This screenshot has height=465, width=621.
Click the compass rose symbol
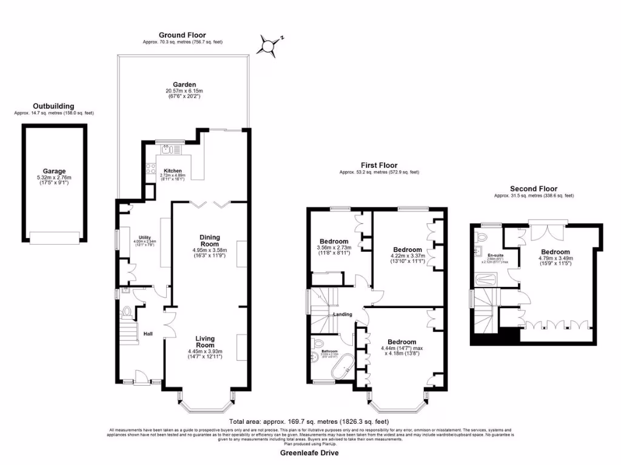pos(268,45)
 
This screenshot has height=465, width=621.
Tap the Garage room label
pos(54,171)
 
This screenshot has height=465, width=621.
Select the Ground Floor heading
pos(182,35)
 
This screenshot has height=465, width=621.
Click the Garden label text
pos(184,85)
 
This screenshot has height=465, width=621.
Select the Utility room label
pos(144,238)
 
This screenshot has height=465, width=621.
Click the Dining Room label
pos(209,240)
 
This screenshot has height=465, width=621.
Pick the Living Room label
pos(205,341)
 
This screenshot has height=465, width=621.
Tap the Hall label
pos(148,334)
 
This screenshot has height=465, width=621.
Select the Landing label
pos(342,314)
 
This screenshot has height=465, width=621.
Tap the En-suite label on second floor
pos(488,256)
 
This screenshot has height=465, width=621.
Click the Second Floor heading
pos(533,189)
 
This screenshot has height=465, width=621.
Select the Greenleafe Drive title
pos(309,453)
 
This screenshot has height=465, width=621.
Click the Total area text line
pos(309,421)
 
